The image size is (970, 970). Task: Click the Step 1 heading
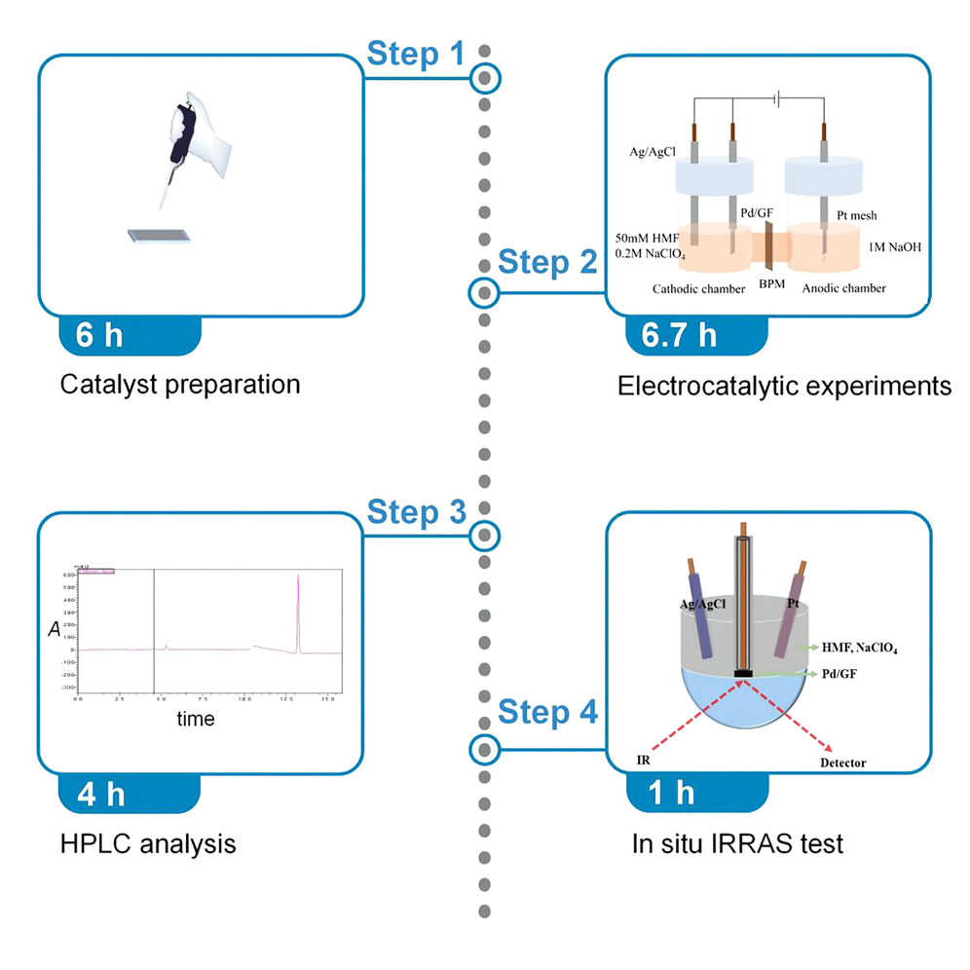pos(416,56)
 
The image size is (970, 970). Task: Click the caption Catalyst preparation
pos(180,385)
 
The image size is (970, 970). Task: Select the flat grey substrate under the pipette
pos(162,236)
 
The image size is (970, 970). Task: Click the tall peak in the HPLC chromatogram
pos(298,609)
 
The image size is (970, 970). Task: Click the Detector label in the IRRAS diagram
pos(842,763)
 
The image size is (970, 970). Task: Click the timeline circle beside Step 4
pos(484,750)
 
